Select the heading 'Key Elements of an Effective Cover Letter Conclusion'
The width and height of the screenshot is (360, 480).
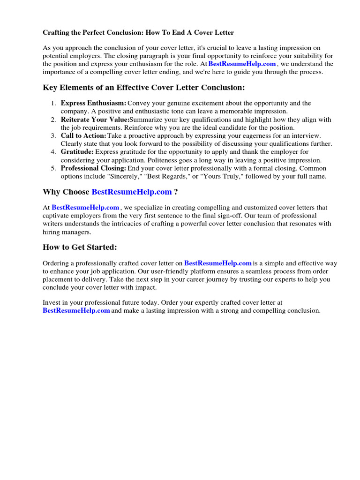(x=143, y=88)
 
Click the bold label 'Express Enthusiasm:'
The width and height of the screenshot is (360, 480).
(x=93, y=103)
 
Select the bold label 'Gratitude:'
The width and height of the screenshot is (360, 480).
(x=77, y=152)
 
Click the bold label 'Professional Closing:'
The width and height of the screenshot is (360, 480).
(x=93, y=168)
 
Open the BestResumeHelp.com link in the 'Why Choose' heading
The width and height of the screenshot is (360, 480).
(x=131, y=192)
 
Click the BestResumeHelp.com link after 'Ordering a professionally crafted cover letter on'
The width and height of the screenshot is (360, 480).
(x=218, y=263)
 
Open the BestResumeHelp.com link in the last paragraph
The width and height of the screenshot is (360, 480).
(x=76, y=311)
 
